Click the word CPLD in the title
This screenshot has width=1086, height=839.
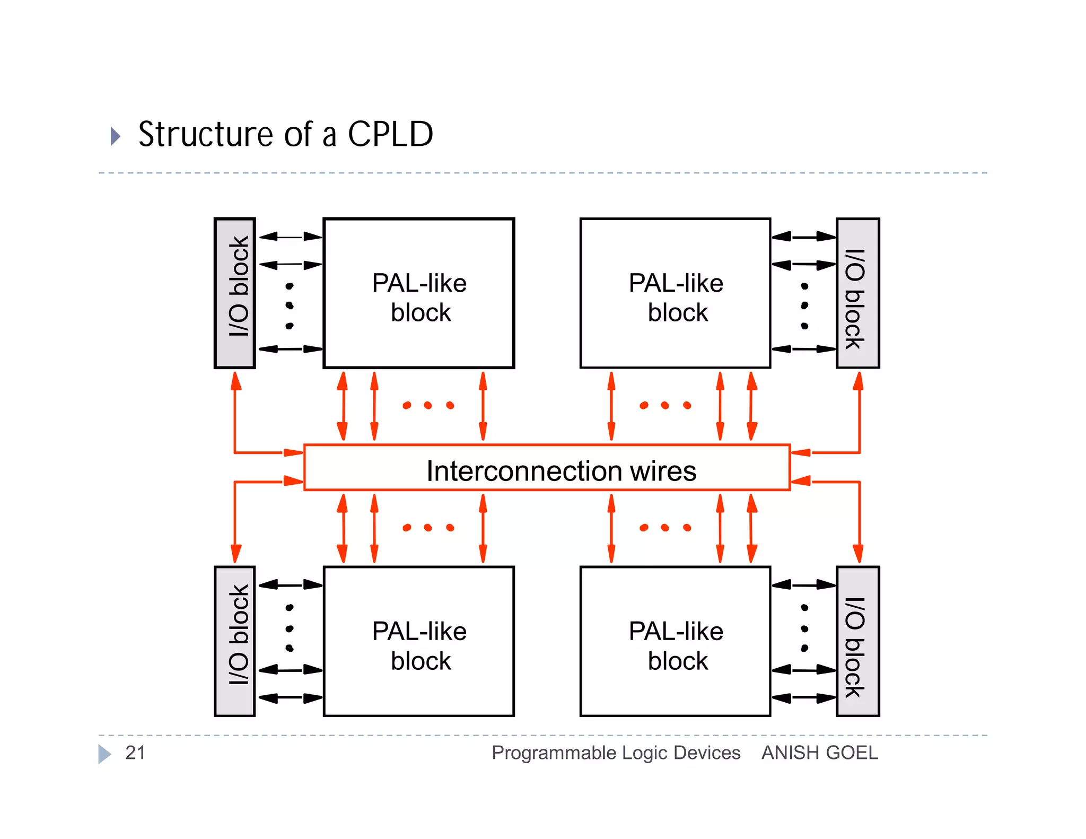coord(390,134)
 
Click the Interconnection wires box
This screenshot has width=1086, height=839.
coord(547,468)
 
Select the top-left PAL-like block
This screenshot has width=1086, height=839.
coord(418,293)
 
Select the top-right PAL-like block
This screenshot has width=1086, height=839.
coord(675,293)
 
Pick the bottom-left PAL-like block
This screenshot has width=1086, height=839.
coord(418,641)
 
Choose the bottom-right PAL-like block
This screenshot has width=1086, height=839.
coord(675,641)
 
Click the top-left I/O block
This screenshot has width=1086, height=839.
coord(235,293)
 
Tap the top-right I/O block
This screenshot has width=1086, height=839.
coord(857,293)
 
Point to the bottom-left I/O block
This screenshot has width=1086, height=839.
coord(235,641)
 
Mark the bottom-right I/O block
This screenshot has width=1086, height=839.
coord(857,641)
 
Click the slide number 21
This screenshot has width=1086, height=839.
coord(135,753)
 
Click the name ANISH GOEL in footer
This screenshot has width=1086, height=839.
coord(820,753)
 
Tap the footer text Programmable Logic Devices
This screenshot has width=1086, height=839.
coord(616,753)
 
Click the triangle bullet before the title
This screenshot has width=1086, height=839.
coord(115,136)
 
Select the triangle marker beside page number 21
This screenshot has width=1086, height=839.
coord(104,754)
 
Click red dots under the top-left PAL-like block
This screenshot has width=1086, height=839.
coord(428,406)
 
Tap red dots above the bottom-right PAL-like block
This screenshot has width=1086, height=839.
coord(665,528)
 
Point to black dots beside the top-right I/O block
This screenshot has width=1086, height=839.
coord(804,306)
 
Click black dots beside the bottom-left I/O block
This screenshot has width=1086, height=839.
coord(290,628)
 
